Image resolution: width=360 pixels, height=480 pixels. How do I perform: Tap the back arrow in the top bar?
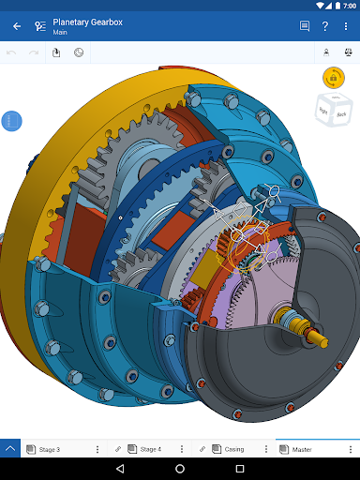pos(17,26)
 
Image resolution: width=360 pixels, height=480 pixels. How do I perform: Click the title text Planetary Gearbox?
pos(87,22)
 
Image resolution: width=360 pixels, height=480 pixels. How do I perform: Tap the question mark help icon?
pos(324,26)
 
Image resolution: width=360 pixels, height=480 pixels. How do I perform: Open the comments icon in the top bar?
pos(304,26)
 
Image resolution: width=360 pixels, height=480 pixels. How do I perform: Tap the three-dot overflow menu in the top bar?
pos(346,26)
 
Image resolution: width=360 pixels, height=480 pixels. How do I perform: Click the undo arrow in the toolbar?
pos(12,52)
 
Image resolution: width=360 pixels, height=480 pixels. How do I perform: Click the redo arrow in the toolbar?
pos(34,52)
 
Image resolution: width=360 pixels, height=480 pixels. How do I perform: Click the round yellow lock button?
pos(332,77)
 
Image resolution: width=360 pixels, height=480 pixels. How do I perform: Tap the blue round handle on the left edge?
pos(11,122)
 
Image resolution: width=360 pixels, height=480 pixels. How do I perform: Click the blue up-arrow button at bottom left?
pos(10,449)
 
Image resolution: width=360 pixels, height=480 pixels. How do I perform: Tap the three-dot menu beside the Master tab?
pos(351,449)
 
